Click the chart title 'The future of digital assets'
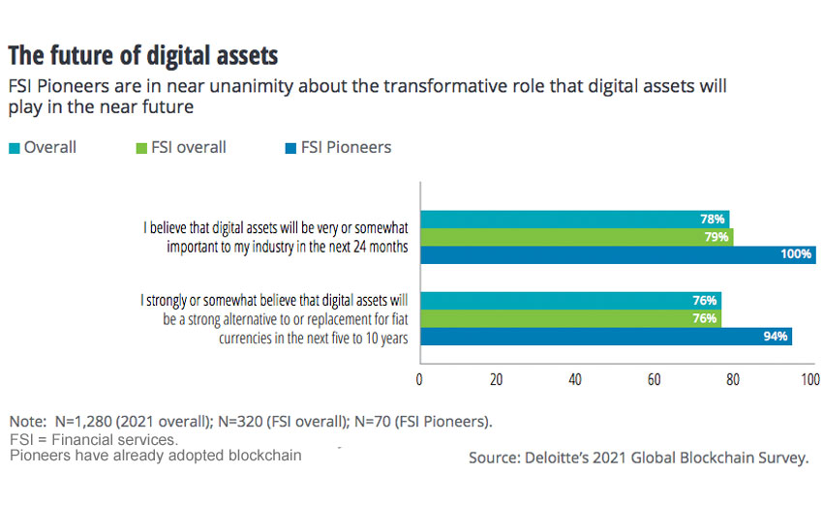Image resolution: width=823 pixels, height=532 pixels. coord(143,53)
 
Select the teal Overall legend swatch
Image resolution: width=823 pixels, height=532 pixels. coord(14,148)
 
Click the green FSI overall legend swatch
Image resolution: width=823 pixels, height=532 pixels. coord(139,148)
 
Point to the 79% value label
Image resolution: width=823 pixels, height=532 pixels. coord(717,237)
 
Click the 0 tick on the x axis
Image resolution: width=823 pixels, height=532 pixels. coord(419,380)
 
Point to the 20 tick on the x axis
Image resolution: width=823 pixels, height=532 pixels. coord(497,380)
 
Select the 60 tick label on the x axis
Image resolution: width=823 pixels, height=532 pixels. coord(654,380)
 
